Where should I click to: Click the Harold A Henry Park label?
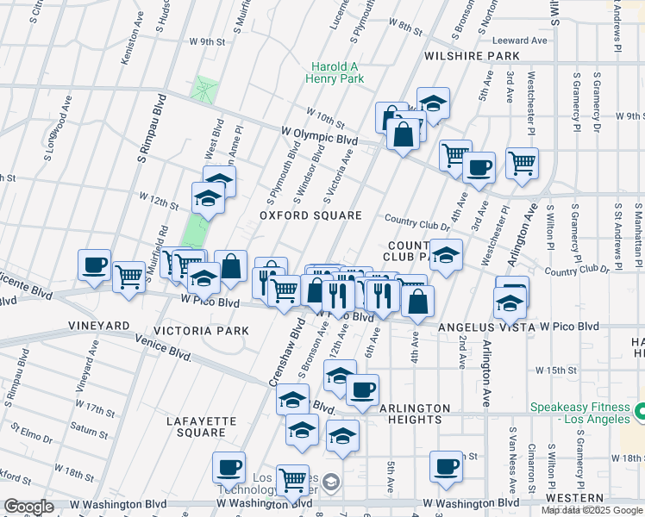pyautogui.click(x=335, y=72)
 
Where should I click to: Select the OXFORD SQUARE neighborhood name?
pyautogui.click(x=310, y=215)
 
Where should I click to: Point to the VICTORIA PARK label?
pyautogui.click(x=201, y=331)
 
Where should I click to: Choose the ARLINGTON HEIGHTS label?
pyautogui.click(x=398, y=414)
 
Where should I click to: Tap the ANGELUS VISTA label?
pyautogui.click(x=487, y=327)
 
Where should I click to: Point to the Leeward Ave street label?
pyautogui.click(x=520, y=40)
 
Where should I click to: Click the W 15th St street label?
pyautogui.click(x=554, y=370)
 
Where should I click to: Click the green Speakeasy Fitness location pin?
pyautogui.click(x=639, y=413)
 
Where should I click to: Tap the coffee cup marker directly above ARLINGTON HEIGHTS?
pyautogui.click(x=363, y=389)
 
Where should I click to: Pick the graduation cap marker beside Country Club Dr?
pyautogui.click(x=447, y=255)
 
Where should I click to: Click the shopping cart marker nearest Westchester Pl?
pyautogui.click(x=522, y=161)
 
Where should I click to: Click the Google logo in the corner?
pyautogui.click(x=28, y=507)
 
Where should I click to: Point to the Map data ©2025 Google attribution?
pyautogui.click(x=592, y=510)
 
